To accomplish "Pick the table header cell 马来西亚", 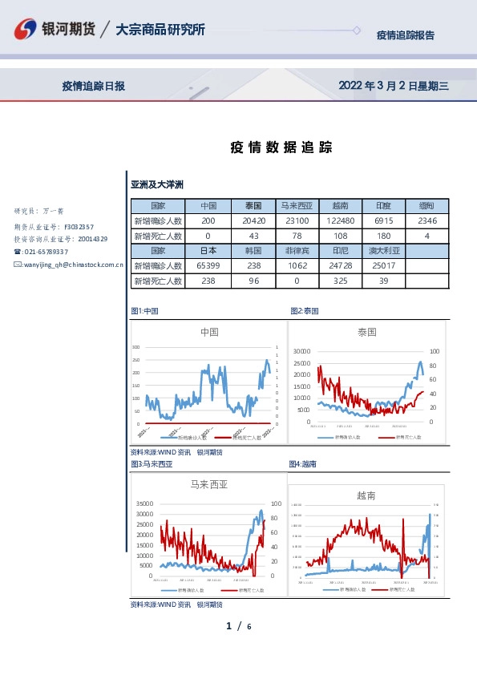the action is (297, 205).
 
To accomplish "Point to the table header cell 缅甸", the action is (427, 205).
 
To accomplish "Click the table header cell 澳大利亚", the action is (383, 251).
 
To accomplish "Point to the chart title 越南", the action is (366, 495).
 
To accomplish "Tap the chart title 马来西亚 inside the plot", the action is (208, 484).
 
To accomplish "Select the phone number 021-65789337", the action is (50, 251).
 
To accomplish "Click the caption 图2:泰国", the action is (304, 310).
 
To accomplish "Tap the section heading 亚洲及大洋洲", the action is (157, 184).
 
